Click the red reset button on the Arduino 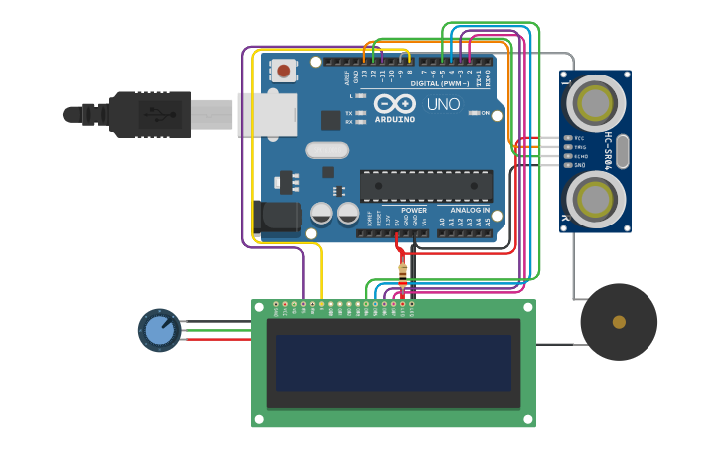click(284, 71)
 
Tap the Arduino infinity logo click(394, 103)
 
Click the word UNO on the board click(443, 104)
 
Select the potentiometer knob click(159, 330)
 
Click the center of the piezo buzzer click(619, 322)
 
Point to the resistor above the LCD click(402, 274)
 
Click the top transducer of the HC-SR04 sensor click(595, 100)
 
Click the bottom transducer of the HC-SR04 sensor click(595, 199)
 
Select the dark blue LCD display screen click(393, 363)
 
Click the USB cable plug click(149, 114)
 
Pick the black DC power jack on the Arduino click(277, 217)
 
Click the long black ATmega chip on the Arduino click(426, 186)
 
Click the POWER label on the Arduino click(413, 210)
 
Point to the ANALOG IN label click(469, 210)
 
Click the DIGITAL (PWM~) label click(439, 83)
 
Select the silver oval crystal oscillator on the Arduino click(327, 150)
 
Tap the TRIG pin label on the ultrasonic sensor click(580, 147)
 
